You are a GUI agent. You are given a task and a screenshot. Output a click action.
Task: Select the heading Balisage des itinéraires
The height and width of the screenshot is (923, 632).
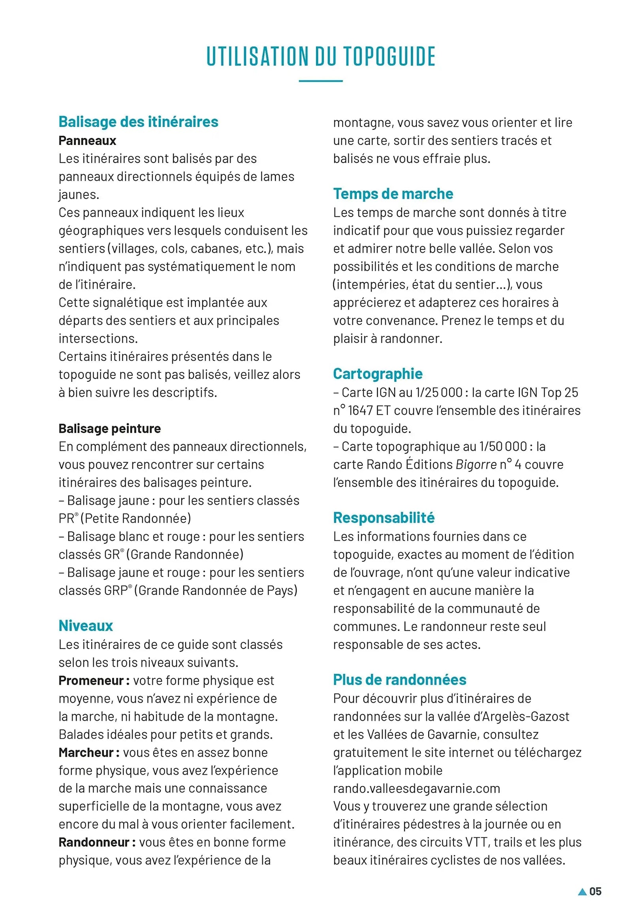click(138, 122)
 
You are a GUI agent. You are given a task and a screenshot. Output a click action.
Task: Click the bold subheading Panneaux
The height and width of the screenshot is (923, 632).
click(87, 141)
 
